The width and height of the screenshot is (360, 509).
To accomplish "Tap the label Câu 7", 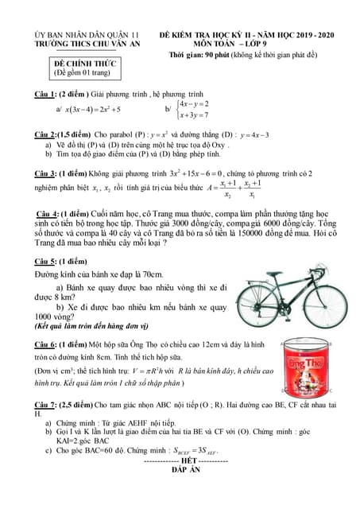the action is [x=37, y=406].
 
